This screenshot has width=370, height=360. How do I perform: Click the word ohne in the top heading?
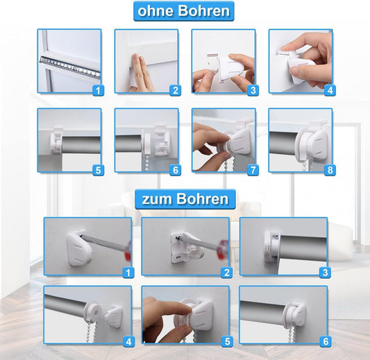pyautogui.click(x=155, y=11)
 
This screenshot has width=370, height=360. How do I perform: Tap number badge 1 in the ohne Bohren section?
pyautogui.click(x=99, y=89)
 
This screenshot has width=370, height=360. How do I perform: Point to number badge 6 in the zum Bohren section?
pyautogui.click(x=326, y=341)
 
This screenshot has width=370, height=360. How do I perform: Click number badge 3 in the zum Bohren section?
pyautogui.click(x=326, y=273)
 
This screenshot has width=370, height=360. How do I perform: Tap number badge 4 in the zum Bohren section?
pyautogui.click(x=128, y=341)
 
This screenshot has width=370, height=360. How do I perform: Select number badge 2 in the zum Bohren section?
pyautogui.click(x=226, y=273)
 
